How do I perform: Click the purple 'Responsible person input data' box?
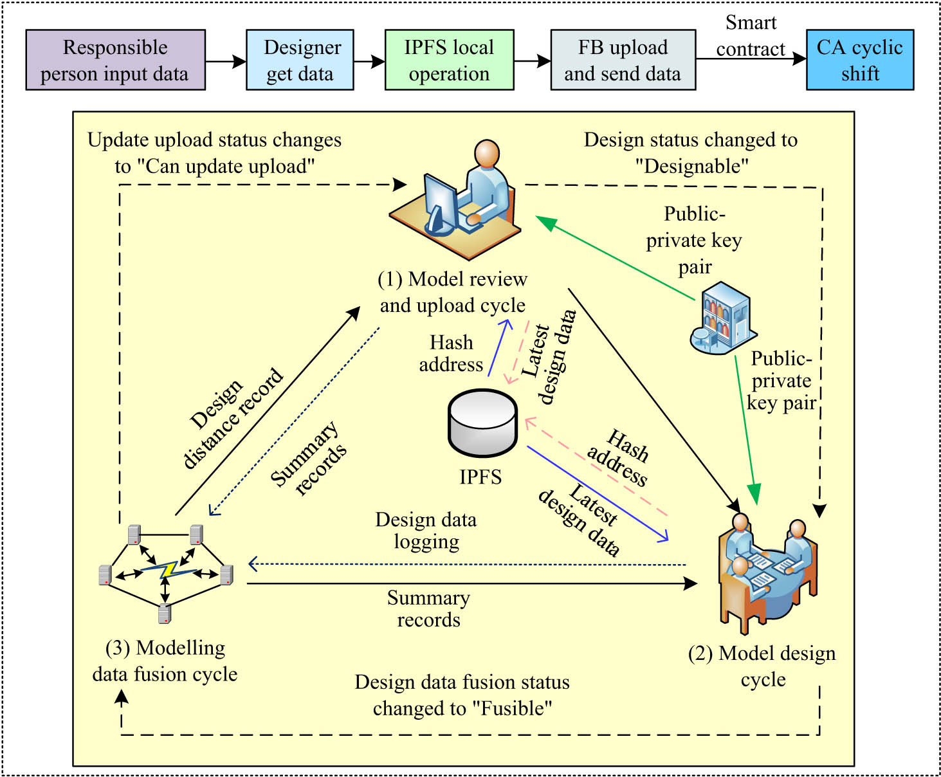[116, 60]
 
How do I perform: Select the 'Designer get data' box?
[300, 60]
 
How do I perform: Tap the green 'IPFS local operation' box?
[449, 60]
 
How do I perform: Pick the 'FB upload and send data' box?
[623, 60]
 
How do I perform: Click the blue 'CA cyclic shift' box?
[860, 60]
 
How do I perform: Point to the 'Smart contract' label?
[751, 36]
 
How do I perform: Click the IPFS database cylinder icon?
[482, 423]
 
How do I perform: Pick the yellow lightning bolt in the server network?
[169, 569]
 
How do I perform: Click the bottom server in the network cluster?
[165, 613]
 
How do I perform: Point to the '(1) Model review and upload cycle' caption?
[453, 292]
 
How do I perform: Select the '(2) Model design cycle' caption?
[762, 666]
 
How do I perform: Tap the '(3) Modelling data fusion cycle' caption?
[165, 661]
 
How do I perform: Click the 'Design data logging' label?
[426, 531]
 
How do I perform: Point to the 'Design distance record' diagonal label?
[233, 418]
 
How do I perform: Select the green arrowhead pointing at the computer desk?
[545, 223]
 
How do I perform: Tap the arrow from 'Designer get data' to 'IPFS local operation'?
[369, 62]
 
